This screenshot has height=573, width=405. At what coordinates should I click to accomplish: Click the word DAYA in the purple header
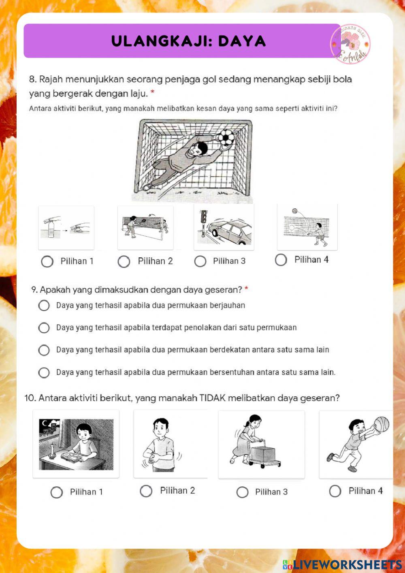(242, 41)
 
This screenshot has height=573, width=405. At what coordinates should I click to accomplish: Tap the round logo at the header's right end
(350, 44)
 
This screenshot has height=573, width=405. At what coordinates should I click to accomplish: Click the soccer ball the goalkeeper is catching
(226, 137)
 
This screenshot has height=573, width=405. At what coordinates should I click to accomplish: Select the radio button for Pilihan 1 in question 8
(47, 261)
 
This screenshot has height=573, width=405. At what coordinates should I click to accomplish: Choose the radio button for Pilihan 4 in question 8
(281, 260)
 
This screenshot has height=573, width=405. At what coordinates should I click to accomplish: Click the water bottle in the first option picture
(51, 228)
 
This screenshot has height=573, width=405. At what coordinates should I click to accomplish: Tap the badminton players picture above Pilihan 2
(145, 227)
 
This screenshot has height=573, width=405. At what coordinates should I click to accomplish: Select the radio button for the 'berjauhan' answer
(44, 306)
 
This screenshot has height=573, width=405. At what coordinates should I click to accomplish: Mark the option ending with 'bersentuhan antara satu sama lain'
(44, 372)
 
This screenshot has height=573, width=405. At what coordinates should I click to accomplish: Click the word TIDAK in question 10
(212, 398)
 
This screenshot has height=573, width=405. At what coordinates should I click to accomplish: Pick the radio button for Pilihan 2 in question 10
(146, 491)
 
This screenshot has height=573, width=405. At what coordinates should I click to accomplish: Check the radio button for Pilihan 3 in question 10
(242, 492)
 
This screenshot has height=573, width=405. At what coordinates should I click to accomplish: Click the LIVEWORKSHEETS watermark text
(347, 564)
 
